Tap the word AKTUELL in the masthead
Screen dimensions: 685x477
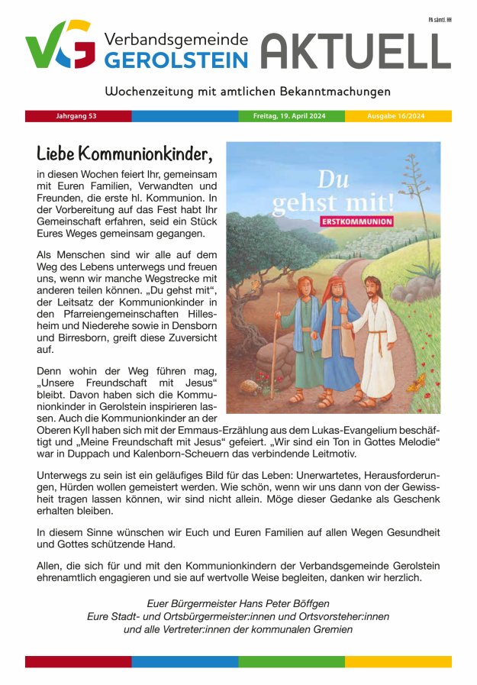(x=355, y=51)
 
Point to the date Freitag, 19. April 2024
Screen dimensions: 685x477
(x=289, y=117)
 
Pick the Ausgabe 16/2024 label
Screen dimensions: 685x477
(x=396, y=117)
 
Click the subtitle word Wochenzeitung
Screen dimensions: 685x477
(x=150, y=92)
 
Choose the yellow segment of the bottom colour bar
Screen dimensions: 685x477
(x=398, y=662)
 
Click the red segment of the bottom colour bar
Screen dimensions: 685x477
(x=78, y=662)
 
